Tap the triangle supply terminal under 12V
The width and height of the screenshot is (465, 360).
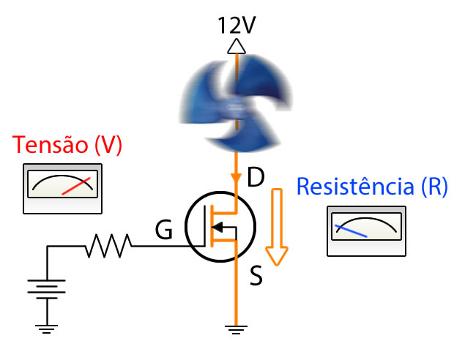click(236, 47)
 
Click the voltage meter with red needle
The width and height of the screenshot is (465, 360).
click(62, 189)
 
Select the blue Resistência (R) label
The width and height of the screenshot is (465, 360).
click(371, 187)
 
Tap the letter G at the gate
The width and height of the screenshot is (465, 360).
click(164, 232)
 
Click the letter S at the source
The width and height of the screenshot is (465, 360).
click(256, 277)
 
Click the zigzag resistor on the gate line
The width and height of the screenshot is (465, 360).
click(108, 247)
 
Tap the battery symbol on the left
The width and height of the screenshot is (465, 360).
click(48, 290)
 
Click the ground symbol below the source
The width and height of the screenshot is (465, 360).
click(236, 329)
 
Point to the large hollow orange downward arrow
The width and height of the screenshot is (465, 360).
click(277, 227)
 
